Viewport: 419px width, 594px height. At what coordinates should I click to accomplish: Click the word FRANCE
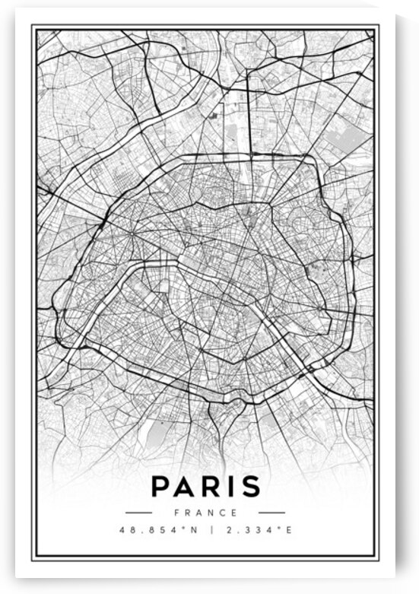pos(205,513)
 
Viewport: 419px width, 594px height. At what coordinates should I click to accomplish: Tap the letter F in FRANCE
pos(176,513)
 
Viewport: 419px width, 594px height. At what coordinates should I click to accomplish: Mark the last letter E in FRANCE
pos(234,513)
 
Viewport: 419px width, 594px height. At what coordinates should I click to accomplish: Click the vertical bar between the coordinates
pos(207,529)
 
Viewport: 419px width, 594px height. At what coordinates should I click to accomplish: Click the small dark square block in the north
pos(214,115)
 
